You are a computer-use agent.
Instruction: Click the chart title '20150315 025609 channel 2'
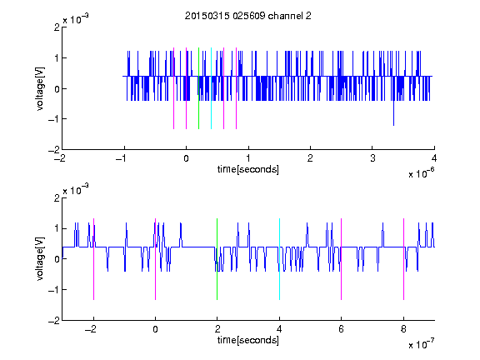click(x=248, y=16)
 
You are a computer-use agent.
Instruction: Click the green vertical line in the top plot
click(x=198, y=88)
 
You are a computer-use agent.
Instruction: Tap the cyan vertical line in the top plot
click(x=211, y=88)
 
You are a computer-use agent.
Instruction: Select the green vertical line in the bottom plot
click(x=217, y=259)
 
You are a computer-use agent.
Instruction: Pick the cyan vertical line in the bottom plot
click(x=279, y=259)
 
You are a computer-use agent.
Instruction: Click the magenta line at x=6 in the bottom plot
click(x=342, y=259)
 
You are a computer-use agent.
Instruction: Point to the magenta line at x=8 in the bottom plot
click(x=404, y=259)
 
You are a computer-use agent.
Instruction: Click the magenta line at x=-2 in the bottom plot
click(x=93, y=259)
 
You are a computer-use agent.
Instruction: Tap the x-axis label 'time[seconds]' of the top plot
click(x=248, y=169)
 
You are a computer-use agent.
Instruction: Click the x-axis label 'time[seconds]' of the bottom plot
click(x=248, y=340)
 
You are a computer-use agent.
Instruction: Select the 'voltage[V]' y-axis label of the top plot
click(x=40, y=88)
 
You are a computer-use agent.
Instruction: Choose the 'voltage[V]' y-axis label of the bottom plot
click(x=40, y=259)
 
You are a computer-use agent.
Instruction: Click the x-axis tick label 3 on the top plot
click(x=372, y=158)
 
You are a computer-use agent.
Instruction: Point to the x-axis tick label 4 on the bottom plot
click(x=279, y=329)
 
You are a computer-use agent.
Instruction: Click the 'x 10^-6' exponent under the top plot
click(x=421, y=173)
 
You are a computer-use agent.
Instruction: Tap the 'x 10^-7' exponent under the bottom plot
click(x=421, y=344)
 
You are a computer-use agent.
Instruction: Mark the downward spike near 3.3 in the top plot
click(x=393, y=113)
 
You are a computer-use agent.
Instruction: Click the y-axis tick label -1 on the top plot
click(x=53, y=119)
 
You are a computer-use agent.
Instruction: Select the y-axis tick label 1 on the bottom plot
click(x=57, y=228)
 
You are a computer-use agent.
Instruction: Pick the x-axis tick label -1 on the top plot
click(x=122, y=158)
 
